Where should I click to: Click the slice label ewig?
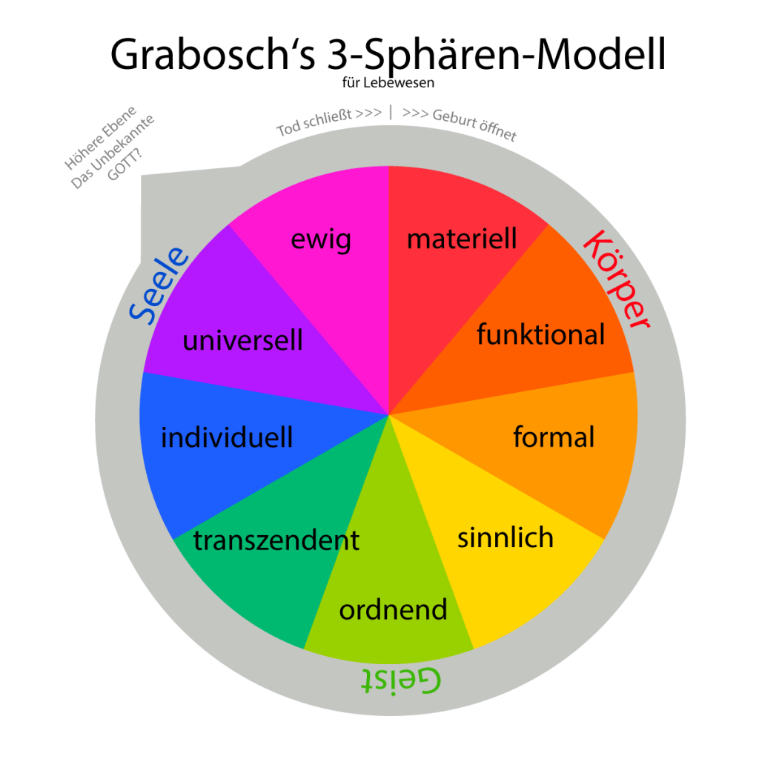pos(320,239)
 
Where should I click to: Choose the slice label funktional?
pos(540,334)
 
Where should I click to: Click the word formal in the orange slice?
pos(554,437)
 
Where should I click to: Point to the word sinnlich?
pos(506,537)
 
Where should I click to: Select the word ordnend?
pos(393,609)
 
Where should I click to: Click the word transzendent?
pos(276,540)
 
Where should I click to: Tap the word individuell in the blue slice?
pos(227,437)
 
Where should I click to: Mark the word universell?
pos(242,340)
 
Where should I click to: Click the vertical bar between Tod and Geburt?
pos(391,113)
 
